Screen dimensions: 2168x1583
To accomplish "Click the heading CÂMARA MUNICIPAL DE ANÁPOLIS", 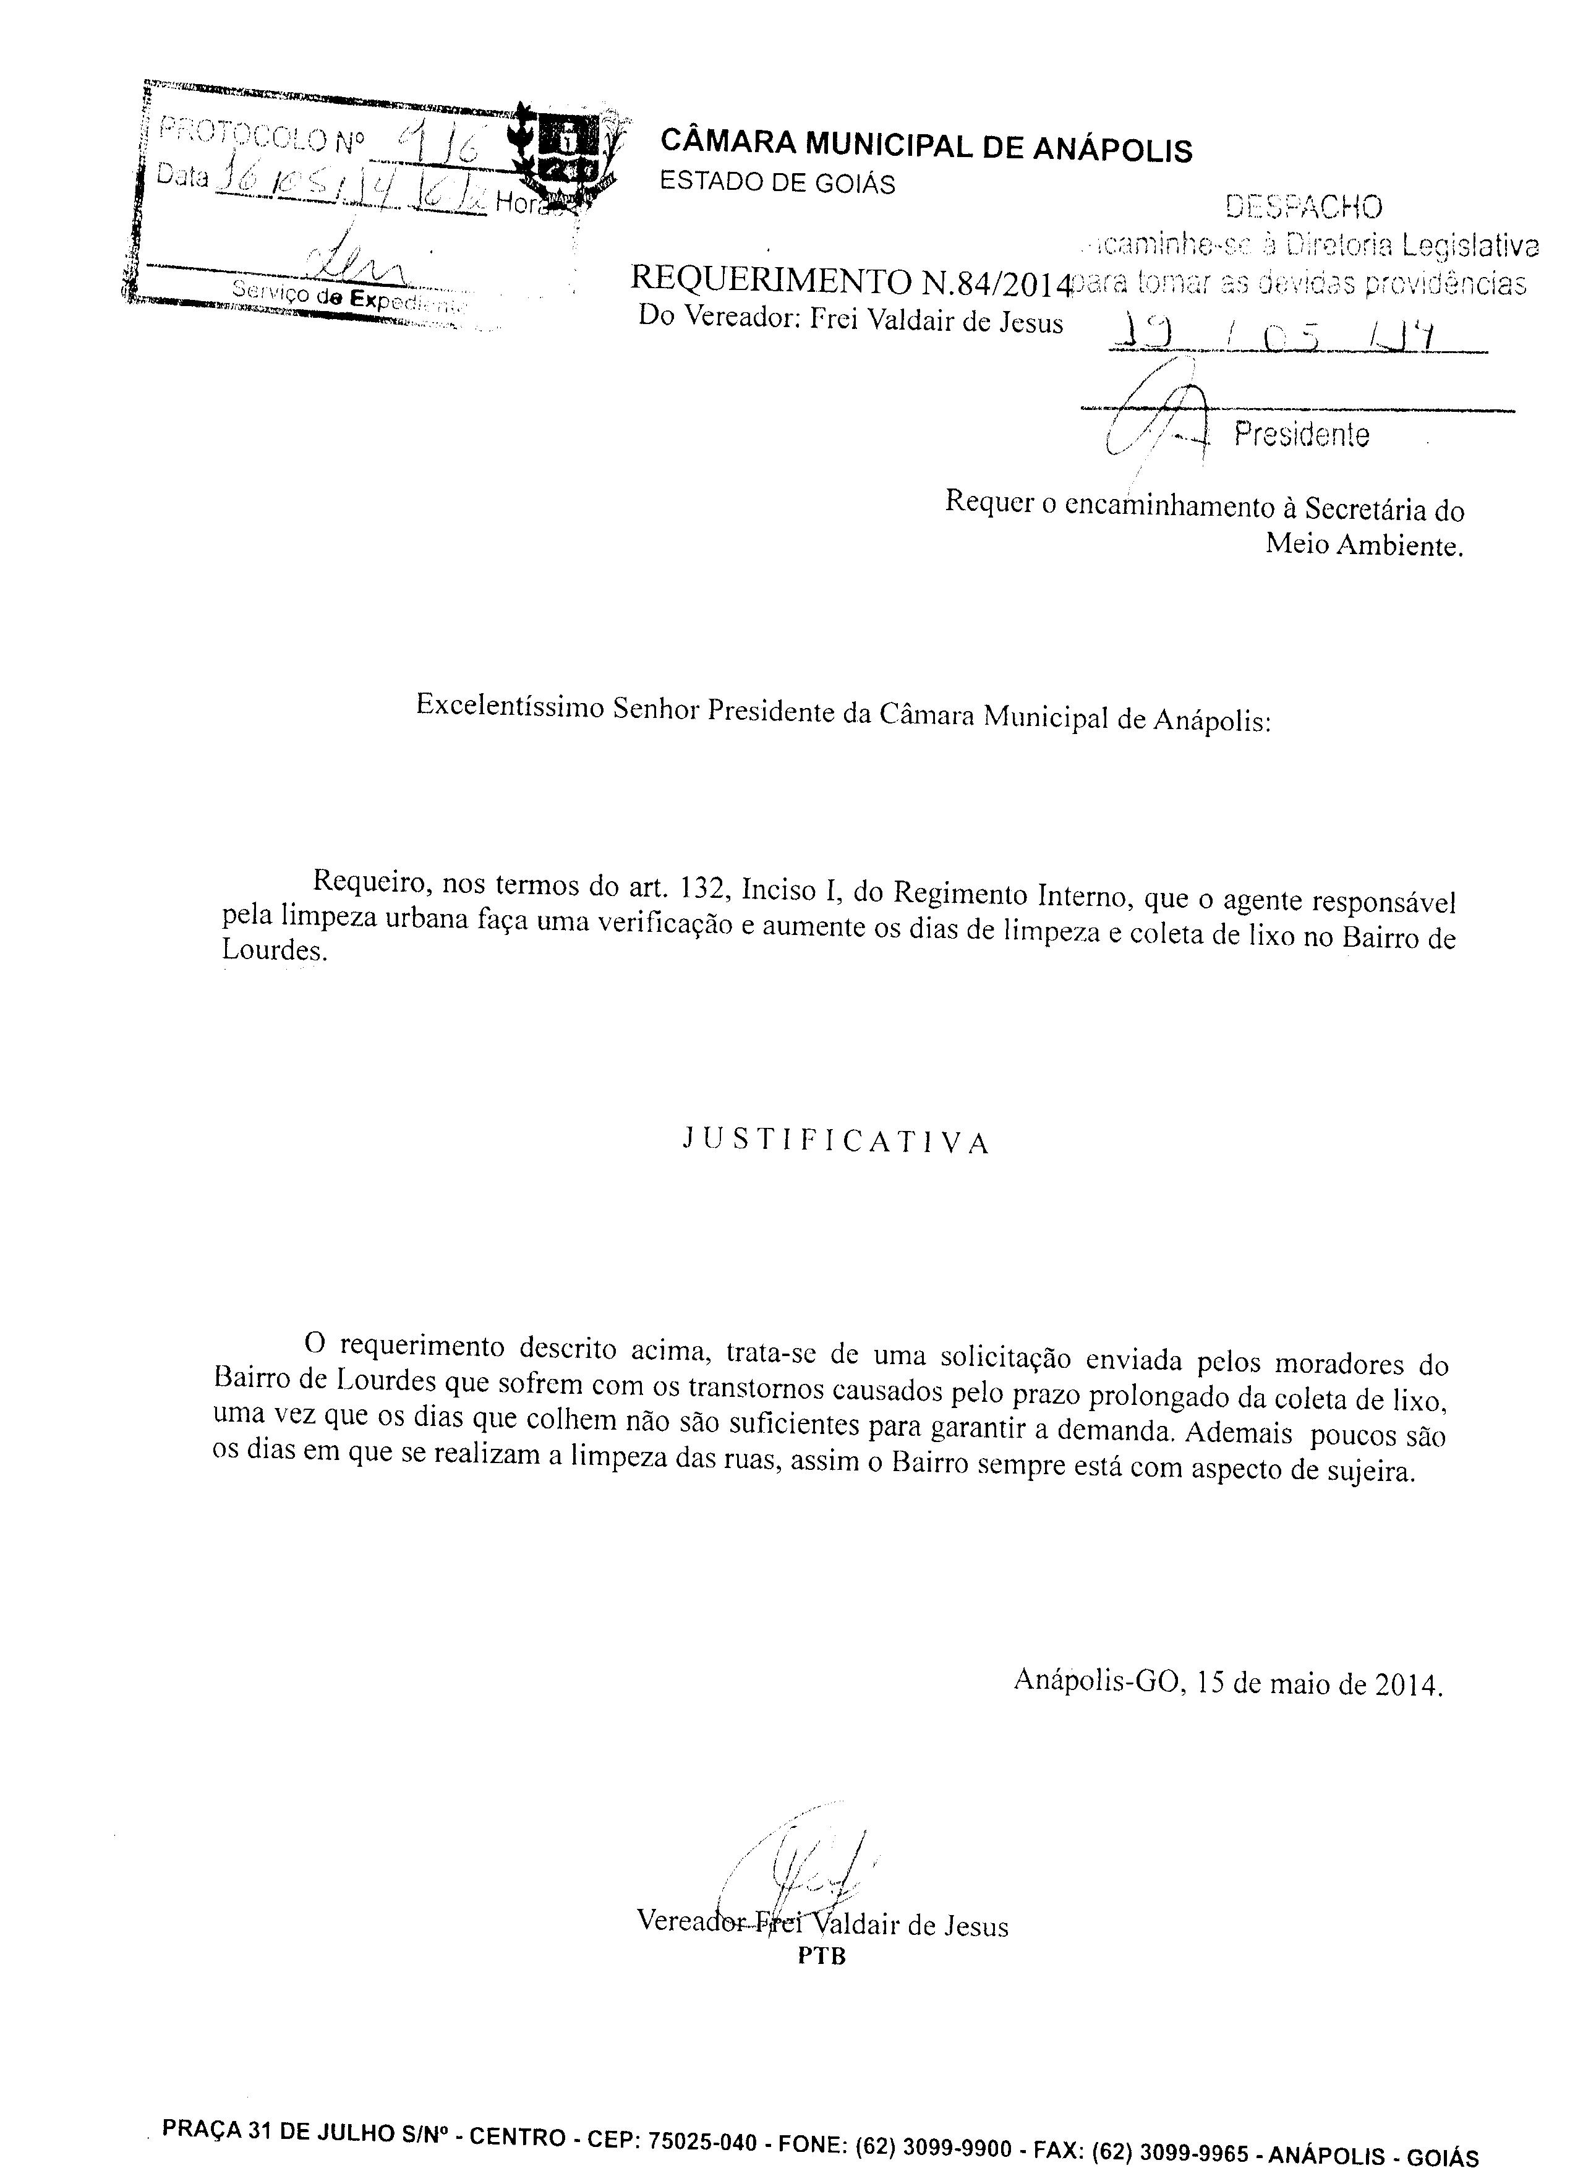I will [x=926, y=148].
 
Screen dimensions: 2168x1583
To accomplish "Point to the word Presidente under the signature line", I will [x=1301, y=436].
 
